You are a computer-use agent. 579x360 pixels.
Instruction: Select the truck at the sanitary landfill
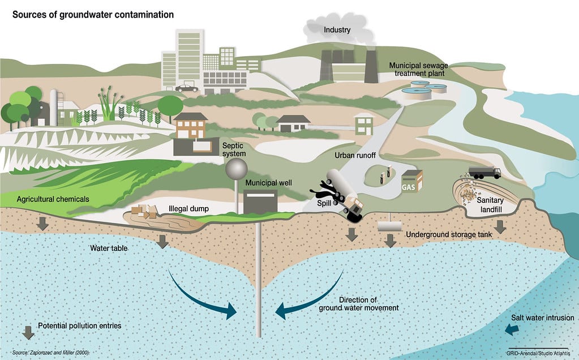point(484,172)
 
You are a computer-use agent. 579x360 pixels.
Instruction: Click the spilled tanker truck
point(346,195)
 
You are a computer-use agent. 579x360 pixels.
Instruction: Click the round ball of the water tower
point(236,168)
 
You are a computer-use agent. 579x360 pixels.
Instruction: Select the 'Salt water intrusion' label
point(542,318)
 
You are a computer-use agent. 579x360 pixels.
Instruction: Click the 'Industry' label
point(337,29)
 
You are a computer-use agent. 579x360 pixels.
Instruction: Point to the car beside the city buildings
point(187,88)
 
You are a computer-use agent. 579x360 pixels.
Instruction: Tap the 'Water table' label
point(109,248)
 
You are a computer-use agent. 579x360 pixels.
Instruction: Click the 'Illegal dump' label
point(189,209)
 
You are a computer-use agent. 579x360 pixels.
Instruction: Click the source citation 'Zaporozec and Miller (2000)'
point(50,352)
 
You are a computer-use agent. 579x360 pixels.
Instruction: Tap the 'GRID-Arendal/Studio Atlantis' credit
point(538,352)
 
